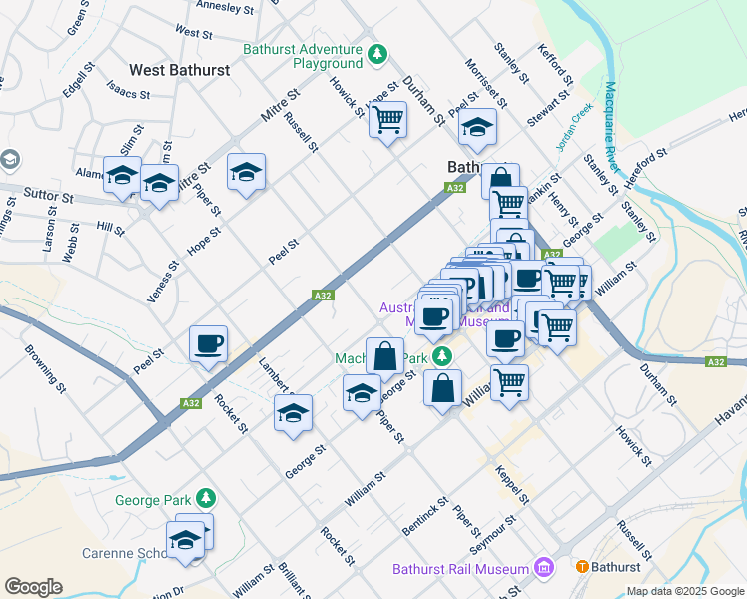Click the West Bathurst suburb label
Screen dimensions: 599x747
[180, 70]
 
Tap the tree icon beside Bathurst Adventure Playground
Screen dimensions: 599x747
[377, 52]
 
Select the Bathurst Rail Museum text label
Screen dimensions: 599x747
[459, 569]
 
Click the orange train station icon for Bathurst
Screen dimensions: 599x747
[582, 566]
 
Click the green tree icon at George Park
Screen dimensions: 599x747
[205, 497]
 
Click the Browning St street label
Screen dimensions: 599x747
[45, 366]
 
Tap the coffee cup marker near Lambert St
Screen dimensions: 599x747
[208, 344]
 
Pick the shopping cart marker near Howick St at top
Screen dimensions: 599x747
[387, 120]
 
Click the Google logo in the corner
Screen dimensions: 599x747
[33, 587]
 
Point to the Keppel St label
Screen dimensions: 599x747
[517, 482]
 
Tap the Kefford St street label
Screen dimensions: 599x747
[555, 64]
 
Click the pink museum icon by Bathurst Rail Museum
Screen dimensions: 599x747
[543, 568]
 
